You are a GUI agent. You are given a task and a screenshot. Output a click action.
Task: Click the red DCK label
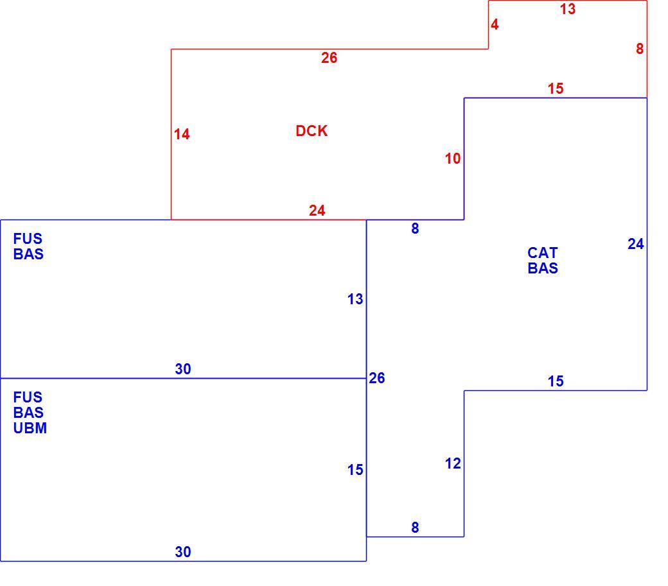point(312,131)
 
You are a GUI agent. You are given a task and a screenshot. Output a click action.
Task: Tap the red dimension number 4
point(494,24)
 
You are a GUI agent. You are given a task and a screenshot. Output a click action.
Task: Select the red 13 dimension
point(567,9)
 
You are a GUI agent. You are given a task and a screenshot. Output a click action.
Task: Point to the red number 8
point(640,49)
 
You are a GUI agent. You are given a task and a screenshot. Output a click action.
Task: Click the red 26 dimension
point(329,58)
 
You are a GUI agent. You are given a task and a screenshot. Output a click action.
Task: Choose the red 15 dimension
point(556,89)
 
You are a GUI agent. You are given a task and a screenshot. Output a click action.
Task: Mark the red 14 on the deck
point(182,135)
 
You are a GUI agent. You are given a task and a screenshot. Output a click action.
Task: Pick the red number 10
point(452,159)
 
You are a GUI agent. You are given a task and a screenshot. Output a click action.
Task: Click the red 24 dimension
point(317,211)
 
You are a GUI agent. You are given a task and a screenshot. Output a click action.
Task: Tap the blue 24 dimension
point(636,245)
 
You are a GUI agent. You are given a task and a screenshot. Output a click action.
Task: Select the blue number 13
point(355,299)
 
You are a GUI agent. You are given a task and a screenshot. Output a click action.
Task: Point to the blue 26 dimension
point(376,378)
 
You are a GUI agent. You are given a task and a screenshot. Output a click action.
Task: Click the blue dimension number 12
point(453,463)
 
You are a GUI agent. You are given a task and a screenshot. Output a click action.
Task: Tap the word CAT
point(542,254)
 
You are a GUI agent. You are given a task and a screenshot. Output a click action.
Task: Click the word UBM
point(30,428)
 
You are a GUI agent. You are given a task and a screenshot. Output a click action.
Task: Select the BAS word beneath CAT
point(543,268)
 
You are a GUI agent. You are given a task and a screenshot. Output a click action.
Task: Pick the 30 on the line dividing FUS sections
point(183,369)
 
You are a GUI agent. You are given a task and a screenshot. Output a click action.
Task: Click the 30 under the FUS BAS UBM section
point(183,552)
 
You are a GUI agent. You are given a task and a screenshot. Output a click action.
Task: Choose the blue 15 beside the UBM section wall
point(355,470)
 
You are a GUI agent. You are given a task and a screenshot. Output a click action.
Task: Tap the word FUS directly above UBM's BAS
point(28,397)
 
